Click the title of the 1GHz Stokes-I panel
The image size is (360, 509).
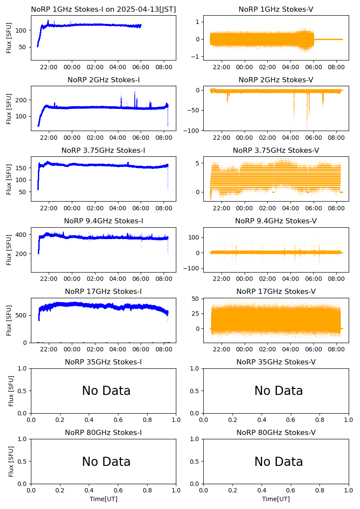point(103,10)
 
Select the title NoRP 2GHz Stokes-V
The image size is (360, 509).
point(276,80)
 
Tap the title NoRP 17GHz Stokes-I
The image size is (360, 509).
point(103,292)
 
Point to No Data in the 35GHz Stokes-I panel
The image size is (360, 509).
point(106,391)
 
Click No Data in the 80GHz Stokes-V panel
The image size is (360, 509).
point(279,462)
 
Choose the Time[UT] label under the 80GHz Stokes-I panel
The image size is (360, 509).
point(104,499)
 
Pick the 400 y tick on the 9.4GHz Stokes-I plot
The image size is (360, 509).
point(22,235)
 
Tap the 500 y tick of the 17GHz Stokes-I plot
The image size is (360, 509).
point(22,315)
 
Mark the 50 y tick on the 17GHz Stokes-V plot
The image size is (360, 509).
point(195,299)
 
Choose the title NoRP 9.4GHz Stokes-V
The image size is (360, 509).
point(276,221)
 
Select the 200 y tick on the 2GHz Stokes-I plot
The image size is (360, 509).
point(22,100)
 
